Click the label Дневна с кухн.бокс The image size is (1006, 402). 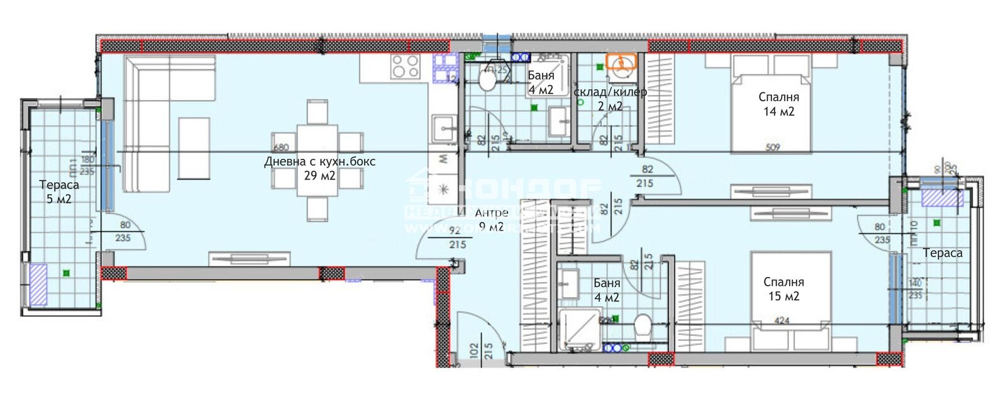pyautogui.click(x=319, y=161)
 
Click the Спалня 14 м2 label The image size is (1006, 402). pyautogui.click(x=778, y=104)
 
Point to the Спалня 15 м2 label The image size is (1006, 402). pyautogui.click(x=783, y=289)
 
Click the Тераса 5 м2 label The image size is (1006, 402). pyautogui.click(x=59, y=192)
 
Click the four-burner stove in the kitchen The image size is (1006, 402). pyautogui.click(x=405, y=66)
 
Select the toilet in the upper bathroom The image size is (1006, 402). pyautogui.click(x=488, y=79)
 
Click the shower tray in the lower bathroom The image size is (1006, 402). pyautogui.click(x=578, y=328)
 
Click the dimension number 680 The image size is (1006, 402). pyautogui.click(x=281, y=148)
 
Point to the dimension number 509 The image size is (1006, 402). pyautogui.click(x=773, y=148)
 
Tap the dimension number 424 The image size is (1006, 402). pyautogui.click(x=782, y=321)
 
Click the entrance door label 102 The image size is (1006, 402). pyautogui.click(x=473, y=349)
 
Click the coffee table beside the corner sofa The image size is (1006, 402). pyautogui.click(x=194, y=148)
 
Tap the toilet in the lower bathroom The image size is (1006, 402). pyautogui.click(x=642, y=327)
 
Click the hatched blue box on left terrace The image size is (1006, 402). pyautogui.click(x=38, y=285)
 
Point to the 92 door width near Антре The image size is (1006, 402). pyautogui.click(x=455, y=231)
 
